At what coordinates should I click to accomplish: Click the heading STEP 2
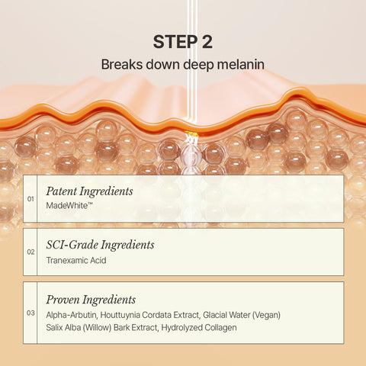tap(182, 42)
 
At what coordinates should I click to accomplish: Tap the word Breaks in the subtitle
tap(122, 64)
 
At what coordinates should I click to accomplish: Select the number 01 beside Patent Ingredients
tap(30, 199)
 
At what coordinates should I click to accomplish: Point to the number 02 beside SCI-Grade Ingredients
tap(30, 252)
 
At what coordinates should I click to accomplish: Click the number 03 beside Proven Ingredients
tap(30, 313)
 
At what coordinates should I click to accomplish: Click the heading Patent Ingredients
tap(89, 192)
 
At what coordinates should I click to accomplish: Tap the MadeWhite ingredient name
tap(69, 206)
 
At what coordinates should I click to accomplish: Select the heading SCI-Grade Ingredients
tap(100, 246)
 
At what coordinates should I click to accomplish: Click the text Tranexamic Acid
tap(76, 260)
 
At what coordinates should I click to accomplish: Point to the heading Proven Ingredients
tap(91, 300)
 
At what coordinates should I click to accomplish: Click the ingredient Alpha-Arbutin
tap(72, 315)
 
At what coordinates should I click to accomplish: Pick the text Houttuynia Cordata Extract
tap(149, 315)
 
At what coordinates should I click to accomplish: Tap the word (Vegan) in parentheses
tap(266, 315)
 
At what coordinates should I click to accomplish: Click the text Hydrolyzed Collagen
tap(199, 328)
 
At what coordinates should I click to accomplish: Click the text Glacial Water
tap(226, 315)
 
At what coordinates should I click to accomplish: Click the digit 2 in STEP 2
tap(207, 42)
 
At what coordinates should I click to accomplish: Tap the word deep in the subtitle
tap(198, 65)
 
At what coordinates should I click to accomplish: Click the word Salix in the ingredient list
tap(55, 327)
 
